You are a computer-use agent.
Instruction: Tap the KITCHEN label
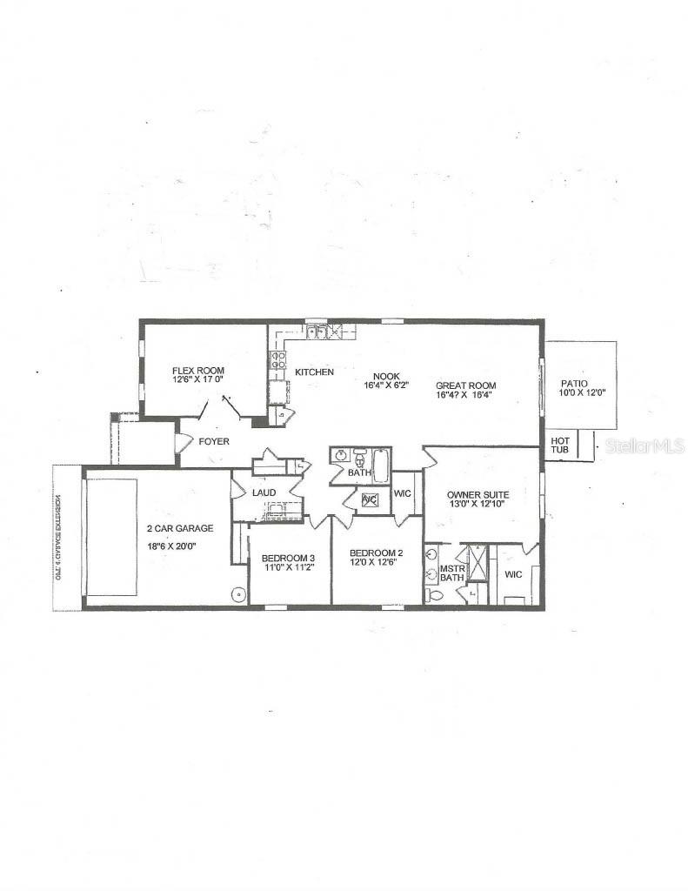tap(314, 372)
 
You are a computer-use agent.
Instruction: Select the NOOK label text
tap(387, 376)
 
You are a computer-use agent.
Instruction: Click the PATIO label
tap(574, 383)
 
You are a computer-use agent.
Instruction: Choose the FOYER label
tap(214, 442)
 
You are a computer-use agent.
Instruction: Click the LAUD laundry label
tap(264, 493)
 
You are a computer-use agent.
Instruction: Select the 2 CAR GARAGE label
tap(181, 528)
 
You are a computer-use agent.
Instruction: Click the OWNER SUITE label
tap(478, 495)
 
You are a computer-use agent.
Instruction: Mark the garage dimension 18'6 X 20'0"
tap(181, 546)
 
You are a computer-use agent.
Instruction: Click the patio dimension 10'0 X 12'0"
tap(582, 394)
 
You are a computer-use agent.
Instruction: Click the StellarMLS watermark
tap(645, 445)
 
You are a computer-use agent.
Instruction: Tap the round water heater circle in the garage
tap(237, 595)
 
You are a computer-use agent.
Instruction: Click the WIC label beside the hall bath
tap(403, 493)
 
